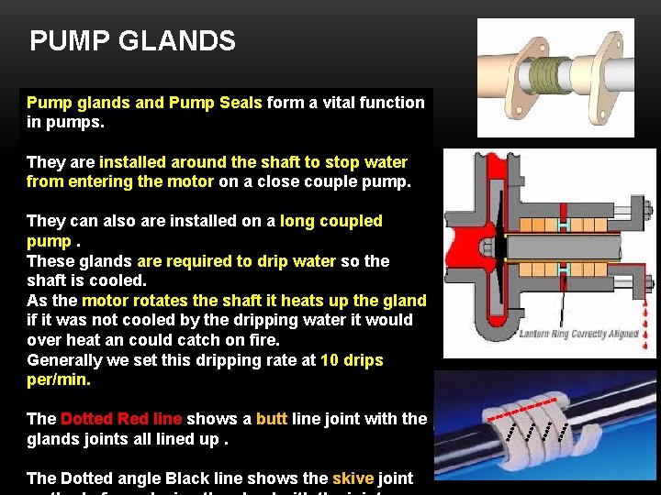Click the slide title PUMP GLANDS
[132, 41]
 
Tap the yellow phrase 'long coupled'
[330, 221]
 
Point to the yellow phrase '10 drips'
[352, 360]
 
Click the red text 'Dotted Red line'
[120, 419]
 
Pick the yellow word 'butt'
[271, 419]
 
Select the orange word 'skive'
[353, 478]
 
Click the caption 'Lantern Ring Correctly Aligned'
[579, 334]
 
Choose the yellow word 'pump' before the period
[50, 241]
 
